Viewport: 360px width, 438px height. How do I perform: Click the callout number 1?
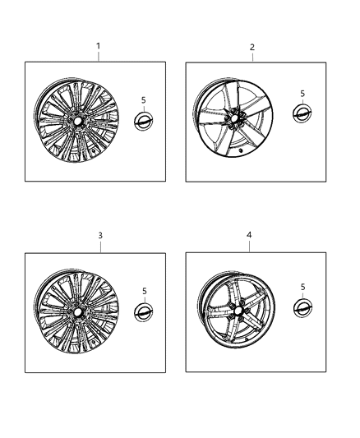click(x=99, y=46)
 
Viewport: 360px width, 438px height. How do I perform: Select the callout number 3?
click(x=99, y=236)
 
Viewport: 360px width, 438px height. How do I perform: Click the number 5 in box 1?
click(x=143, y=99)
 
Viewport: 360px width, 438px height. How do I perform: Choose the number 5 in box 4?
click(x=303, y=286)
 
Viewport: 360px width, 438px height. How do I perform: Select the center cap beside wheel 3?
click(x=143, y=313)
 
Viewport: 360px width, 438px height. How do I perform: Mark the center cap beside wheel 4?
click(x=303, y=308)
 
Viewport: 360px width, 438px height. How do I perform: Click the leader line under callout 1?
click(x=99, y=56)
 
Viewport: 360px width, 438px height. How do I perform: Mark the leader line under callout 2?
click(x=252, y=58)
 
